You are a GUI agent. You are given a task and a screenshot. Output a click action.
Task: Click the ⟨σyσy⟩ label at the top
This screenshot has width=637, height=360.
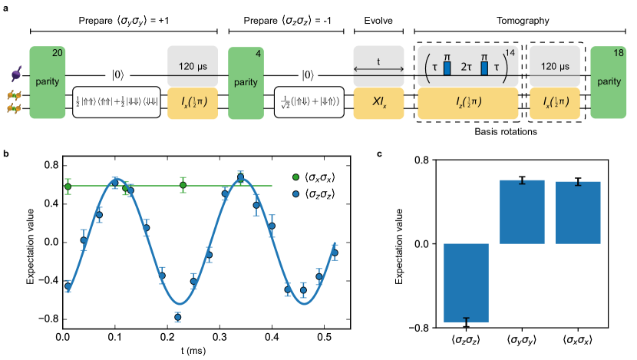pyautogui.click(x=131, y=21)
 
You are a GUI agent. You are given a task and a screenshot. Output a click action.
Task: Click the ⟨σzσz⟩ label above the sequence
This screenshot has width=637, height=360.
pyautogui.click(x=296, y=21)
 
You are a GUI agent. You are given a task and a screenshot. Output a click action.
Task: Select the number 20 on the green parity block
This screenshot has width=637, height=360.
pyautogui.click(x=58, y=53)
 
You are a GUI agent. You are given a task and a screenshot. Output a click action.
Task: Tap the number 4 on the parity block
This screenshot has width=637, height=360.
pyautogui.click(x=259, y=53)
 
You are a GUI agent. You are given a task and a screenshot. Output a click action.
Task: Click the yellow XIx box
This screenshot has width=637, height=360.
pyautogui.click(x=378, y=103)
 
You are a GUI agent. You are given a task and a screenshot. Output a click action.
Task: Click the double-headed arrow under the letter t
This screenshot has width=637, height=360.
pyautogui.click(x=378, y=70)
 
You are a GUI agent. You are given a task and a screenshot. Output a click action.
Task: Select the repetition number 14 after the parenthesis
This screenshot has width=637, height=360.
pyautogui.click(x=510, y=53)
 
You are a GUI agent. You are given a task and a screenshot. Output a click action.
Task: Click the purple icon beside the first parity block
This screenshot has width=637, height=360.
pyautogui.click(x=15, y=74)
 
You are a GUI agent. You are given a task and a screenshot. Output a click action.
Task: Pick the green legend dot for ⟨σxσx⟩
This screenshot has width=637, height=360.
pyautogui.click(x=296, y=177)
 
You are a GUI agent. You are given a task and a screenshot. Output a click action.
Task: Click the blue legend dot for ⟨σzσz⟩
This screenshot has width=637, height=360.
pyautogui.click(x=296, y=194)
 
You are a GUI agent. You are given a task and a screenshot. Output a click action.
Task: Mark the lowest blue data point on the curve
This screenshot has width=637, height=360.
pyautogui.click(x=177, y=316)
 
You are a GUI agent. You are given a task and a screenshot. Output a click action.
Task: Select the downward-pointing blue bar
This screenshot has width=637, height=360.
pyautogui.click(x=466, y=282)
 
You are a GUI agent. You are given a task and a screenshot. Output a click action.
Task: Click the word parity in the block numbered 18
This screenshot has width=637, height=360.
pyautogui.click(x=609, y=81)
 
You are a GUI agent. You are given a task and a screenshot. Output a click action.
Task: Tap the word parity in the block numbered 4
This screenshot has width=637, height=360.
pyautogui.click(x=246, y=82)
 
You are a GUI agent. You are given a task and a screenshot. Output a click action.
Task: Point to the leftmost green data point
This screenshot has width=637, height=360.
pyautogui.click(x=68, y=186)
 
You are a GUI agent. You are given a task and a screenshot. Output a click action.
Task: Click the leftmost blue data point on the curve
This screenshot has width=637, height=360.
pyautogui.click(x=68, y=286)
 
